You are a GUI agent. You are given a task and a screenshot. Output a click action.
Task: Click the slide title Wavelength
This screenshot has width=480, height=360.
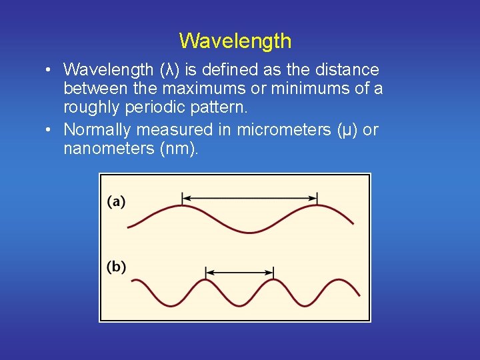pyautogui.click(x=235, y=41)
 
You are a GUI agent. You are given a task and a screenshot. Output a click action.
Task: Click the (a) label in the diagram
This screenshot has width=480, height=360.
pyautogui.click(x=117, y=201)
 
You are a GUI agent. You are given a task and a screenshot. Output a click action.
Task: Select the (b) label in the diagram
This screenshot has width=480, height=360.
pyautogui.click(x=117, y=267)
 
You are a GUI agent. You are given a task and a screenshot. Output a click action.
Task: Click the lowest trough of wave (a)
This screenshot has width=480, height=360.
pyautogui.click(x=250, y=232)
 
